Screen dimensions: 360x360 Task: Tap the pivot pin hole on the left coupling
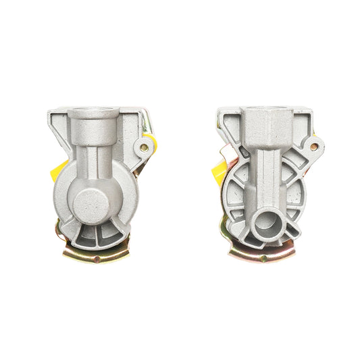143,147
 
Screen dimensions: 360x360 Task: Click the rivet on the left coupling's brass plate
97,258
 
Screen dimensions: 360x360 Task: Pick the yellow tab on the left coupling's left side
60,170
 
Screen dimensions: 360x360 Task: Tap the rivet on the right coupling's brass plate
263,257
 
